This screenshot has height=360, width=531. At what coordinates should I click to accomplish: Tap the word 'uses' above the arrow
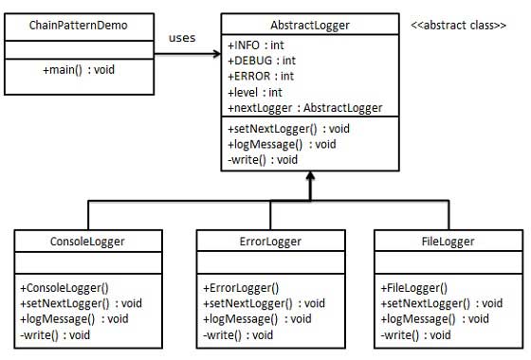click(181, 37)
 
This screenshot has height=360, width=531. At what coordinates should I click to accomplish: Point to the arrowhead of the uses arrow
click(215, 54)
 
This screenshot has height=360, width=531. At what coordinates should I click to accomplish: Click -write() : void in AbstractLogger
click(263, 159)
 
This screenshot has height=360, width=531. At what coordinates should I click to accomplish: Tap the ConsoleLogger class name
click(87, 241)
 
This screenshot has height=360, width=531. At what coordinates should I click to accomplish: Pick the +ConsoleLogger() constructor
click(65, 287)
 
